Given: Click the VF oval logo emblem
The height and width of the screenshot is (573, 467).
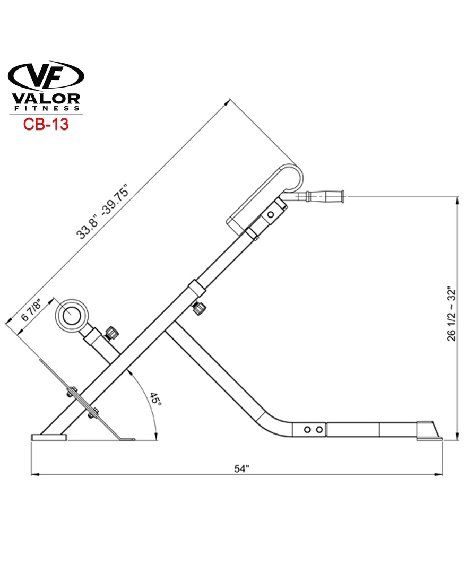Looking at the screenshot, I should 46,75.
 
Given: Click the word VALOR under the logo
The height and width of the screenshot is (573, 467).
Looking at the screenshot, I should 46,99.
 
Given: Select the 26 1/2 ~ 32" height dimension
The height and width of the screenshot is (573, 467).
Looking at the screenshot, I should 452,314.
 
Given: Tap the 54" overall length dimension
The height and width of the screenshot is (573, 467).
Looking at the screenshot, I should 241,468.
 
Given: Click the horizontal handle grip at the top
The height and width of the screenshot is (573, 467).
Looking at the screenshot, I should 321,197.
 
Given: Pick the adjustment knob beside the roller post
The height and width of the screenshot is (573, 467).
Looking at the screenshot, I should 112,334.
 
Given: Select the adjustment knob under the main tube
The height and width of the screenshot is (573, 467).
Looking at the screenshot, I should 200,308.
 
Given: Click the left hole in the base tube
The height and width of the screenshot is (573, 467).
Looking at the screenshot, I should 307,429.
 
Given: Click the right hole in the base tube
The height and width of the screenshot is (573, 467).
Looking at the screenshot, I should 319,429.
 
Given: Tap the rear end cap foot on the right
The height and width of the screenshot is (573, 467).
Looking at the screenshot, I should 429,431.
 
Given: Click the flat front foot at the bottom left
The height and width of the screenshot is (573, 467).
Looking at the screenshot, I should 49,437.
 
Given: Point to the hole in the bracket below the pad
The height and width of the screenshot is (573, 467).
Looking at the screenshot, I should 271,214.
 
